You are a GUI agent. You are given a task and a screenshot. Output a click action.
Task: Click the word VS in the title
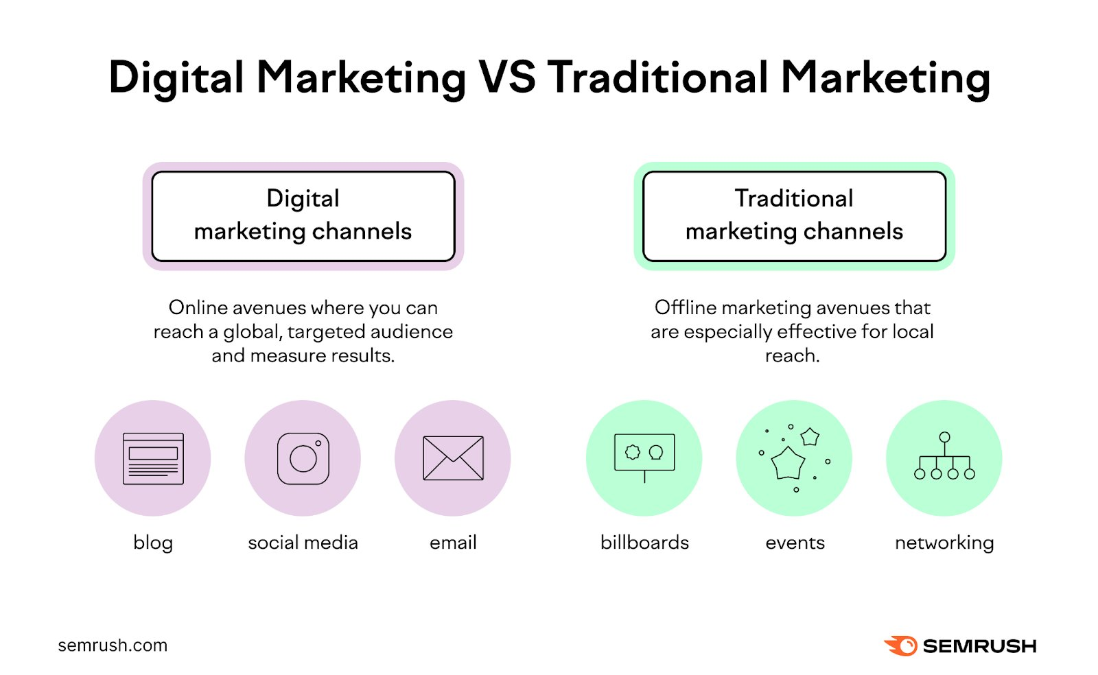[x=507, y=77]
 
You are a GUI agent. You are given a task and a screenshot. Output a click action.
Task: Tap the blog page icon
[x=153, y=458]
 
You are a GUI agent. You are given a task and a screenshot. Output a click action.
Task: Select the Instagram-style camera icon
[x=303, y=458]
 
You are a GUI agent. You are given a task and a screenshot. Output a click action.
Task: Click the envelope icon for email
[x=453, y=458]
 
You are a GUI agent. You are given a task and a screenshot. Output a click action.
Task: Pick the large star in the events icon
[x=788, y=463]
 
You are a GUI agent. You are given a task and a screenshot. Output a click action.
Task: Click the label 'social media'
[x=303, y=543]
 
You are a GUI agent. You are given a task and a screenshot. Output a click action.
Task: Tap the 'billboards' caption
[x=644, y=543]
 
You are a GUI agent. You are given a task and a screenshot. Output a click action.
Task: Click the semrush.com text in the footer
[x=113, y=646]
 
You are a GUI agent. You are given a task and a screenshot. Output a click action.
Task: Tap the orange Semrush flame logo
[x=901, y=646]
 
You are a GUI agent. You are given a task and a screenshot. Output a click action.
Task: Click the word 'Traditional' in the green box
[x=794, y=198]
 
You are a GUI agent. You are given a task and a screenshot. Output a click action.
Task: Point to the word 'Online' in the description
[x=198, y=307]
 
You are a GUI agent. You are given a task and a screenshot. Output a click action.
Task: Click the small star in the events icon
[x=810, y=436]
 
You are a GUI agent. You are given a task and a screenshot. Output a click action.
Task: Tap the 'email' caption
[x=453, y=543]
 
